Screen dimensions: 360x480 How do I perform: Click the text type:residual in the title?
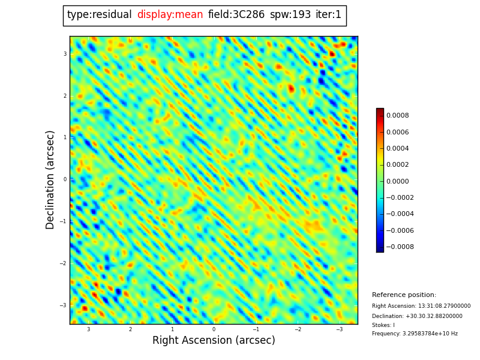pyautogui.click(x=99, y=15)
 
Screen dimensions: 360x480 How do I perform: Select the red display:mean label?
pyautogui.click(x=170, y=15)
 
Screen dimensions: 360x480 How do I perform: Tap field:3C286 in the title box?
pyautogui.click(x=236, y=15)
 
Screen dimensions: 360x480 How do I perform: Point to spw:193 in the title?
pyautogui.click(x=290, y=15)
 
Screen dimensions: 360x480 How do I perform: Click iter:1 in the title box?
pyautogui.click(x=328, y=15)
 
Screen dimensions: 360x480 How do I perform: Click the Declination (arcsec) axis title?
pyautogui.click(x=50, y=179)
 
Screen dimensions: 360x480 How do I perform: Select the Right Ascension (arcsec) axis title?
pyautogui.click(x=214, y=341)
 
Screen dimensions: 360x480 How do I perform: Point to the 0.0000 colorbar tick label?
pyautogui.click(x=397, y=181)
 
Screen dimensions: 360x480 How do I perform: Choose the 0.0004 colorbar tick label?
pyautogui.click(x=397, y=148)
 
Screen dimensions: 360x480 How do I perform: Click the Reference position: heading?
pyautogui.click(x=404, y=295)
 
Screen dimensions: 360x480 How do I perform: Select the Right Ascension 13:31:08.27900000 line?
pyautogui.click(x=421, y=306)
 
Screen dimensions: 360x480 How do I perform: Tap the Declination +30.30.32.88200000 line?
pyautogui.click(x=417, y=316)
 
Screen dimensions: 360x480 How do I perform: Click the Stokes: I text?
pyautogui.click(x=383, y=325)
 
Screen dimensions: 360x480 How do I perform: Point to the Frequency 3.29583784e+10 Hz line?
pyautogui.click(x=415, y=334)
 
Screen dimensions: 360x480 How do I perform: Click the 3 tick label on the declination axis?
pyautogui.click(x=65, y=54)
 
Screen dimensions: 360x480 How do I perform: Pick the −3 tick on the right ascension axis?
pyautogui.click(x=339, y=329)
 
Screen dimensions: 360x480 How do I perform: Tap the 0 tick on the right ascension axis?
pyautogui.click(x=214, y=329)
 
